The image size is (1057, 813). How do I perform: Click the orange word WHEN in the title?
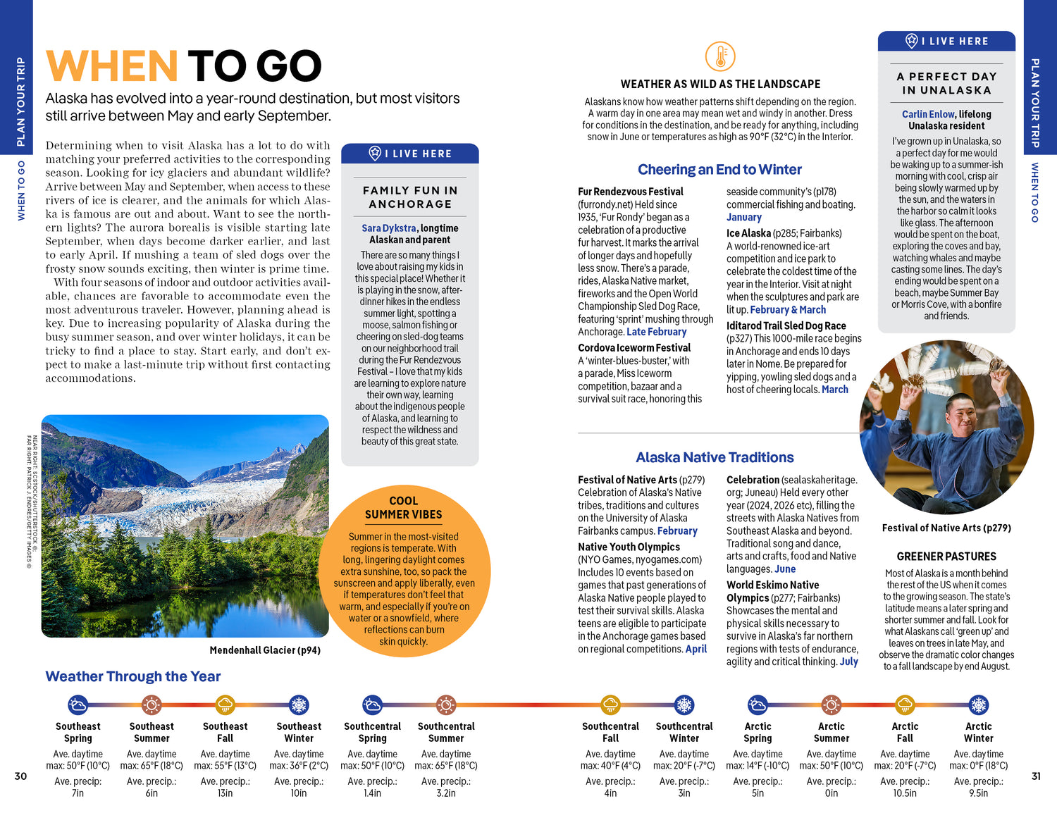pos(111,66)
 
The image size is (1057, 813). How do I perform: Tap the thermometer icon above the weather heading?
pos(720,56)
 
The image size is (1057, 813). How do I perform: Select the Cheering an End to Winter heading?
pos(719,170)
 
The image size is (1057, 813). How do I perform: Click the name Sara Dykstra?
pos(389,228)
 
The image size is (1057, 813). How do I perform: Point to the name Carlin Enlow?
pos(928,114)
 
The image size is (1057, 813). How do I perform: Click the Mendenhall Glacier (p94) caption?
pos(265,650)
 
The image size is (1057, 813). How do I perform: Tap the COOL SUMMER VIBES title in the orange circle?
pos(404,508)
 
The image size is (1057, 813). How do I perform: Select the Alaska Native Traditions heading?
pos(715,458)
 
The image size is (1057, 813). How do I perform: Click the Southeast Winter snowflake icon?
pos(299,705)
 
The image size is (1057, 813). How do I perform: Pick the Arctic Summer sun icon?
pos(832,705)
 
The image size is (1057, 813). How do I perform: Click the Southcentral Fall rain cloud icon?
pos(611,705)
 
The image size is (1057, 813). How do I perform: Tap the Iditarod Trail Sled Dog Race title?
pos(786,325)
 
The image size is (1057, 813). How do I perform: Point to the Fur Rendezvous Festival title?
pos(631,192)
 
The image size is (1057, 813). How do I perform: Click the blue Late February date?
pos(656,332)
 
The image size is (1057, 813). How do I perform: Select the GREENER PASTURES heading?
pos(946,557)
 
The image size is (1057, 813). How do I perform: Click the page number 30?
pos(21,776)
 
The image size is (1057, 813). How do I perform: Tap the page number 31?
pos(1036,776)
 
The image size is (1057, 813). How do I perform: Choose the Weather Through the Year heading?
pos(133,677)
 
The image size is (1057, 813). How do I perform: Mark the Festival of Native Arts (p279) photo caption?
pos(946,528)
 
